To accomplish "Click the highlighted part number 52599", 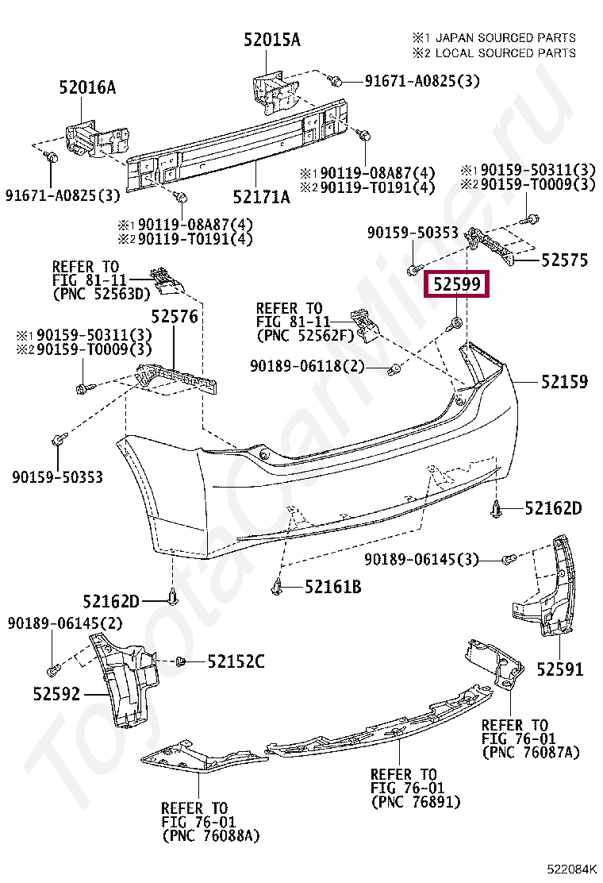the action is tap(458, 283).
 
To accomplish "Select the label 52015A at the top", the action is tap(271, 40).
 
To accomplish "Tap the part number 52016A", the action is tap(86, 87).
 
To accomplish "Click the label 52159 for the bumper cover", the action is tap(565, 382).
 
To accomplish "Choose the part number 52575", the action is tap(565, 259).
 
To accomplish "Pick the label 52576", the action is tap(175, 317).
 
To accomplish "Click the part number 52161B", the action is tap(333, 587).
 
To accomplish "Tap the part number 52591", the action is tap(560, 669).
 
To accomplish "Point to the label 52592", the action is tap(57, 694).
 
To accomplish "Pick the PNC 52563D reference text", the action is tap(101, 294).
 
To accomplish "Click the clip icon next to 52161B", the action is tap(278, 587).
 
